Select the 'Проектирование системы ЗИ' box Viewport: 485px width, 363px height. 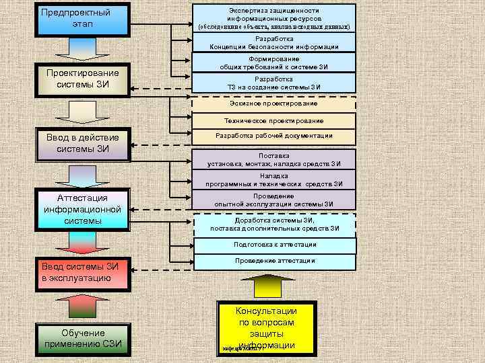click(x=82, y=79)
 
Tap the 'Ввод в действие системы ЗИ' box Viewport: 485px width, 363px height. click(x=82, y=144)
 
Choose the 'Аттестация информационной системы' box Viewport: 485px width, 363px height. click(x=82, y=209)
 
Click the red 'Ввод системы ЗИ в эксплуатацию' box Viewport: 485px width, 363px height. click(x=82, y=272)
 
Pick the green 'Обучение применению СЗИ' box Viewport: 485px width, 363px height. click(x=83, y=338)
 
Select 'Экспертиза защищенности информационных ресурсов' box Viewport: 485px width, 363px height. click(x=273, y=17)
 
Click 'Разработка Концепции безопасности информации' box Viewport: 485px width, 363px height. click(x=273, y=43)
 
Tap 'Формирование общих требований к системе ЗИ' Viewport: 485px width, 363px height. click(x=273, y=63)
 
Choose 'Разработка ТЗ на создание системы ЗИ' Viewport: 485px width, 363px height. click(x=273, y=83)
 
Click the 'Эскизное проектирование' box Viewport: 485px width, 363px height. click(x=273, y=104)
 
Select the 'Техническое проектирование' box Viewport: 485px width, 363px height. click(x=273, y=120)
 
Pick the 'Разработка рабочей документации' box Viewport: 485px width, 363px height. click(x=273, y=136)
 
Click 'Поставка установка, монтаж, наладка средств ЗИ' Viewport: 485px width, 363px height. click(x=273, y=159)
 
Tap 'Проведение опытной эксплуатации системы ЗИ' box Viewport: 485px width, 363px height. click(x=273, y=200)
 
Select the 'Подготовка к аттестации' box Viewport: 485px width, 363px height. click(x=273, y=245)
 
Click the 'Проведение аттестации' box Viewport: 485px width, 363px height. click(x=273, y=261)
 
